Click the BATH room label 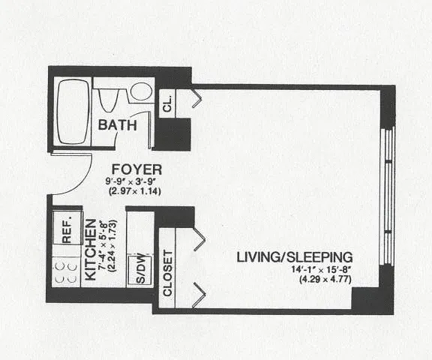117,125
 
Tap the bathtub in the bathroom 73,112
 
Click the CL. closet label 168,103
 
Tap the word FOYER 137,169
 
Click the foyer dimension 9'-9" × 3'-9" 133,181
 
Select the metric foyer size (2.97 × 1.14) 135,191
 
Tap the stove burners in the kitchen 66,273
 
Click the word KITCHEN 91,250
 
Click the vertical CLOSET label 167,273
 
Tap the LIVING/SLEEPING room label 295,257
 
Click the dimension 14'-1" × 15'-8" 322,268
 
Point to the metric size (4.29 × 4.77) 325,279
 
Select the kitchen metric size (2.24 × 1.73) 112,246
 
